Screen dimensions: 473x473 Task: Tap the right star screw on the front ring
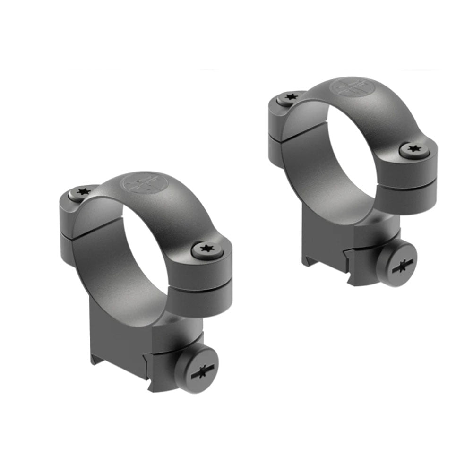(x=207, y=249)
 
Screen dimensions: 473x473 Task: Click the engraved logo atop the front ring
(x=140, y=183)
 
